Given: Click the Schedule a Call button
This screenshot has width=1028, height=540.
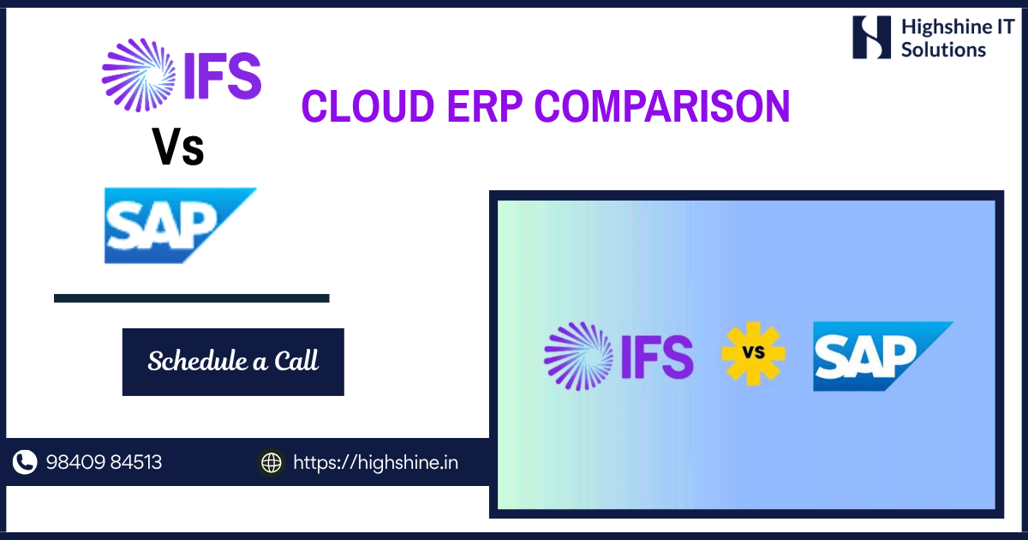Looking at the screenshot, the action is point(233,362).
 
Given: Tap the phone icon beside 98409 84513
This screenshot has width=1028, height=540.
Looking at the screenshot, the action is point(25,462).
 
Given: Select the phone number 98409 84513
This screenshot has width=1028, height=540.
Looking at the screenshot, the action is point(104,462).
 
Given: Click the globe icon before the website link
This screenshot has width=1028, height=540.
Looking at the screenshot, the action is point(272,462).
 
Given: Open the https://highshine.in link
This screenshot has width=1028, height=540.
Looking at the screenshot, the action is point(375,462).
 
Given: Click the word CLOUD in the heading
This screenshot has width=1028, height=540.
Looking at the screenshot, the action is point(368,106).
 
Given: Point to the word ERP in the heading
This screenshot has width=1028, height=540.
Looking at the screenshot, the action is point(485,106).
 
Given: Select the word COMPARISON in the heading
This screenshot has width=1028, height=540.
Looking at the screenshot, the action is point(662,106).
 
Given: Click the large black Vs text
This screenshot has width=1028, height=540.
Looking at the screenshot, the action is point(178,147).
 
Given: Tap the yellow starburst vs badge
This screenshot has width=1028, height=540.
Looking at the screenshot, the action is point(753,353).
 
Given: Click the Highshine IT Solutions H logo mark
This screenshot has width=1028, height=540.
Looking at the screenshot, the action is point(871,37).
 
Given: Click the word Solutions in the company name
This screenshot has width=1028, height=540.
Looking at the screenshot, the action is point(943,50).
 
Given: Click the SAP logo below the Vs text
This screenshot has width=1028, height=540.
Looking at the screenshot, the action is point(180,225).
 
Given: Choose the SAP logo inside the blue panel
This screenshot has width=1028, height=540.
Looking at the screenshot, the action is point(883,357).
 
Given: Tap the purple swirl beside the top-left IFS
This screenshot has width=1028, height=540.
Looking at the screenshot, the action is point(139,75).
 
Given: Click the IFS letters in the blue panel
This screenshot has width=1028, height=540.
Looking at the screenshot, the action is point(657,357).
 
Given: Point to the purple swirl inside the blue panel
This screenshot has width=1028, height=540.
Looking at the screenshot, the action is point(579,357).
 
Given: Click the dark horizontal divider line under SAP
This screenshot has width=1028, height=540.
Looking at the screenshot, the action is point(191,298).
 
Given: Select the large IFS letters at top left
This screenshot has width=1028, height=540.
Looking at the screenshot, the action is point(223,75).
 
